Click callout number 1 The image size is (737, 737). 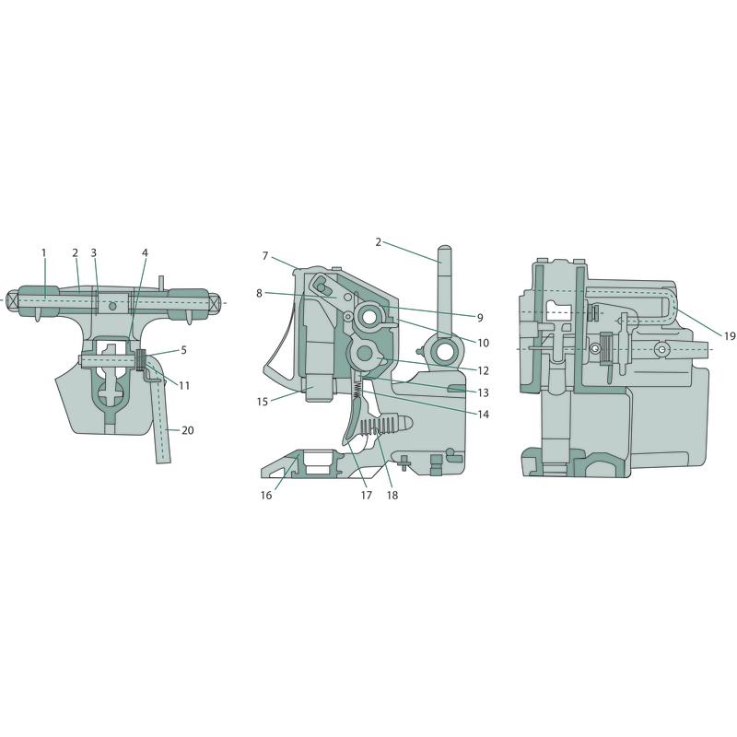44,252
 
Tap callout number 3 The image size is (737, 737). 94,252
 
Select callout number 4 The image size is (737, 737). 145,252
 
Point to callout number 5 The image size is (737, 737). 183,350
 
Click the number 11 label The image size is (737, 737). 184,385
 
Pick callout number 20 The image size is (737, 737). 188,430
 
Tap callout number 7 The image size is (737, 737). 265,256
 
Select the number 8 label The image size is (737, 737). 260,293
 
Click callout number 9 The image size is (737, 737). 480,318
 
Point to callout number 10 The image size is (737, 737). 483,343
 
